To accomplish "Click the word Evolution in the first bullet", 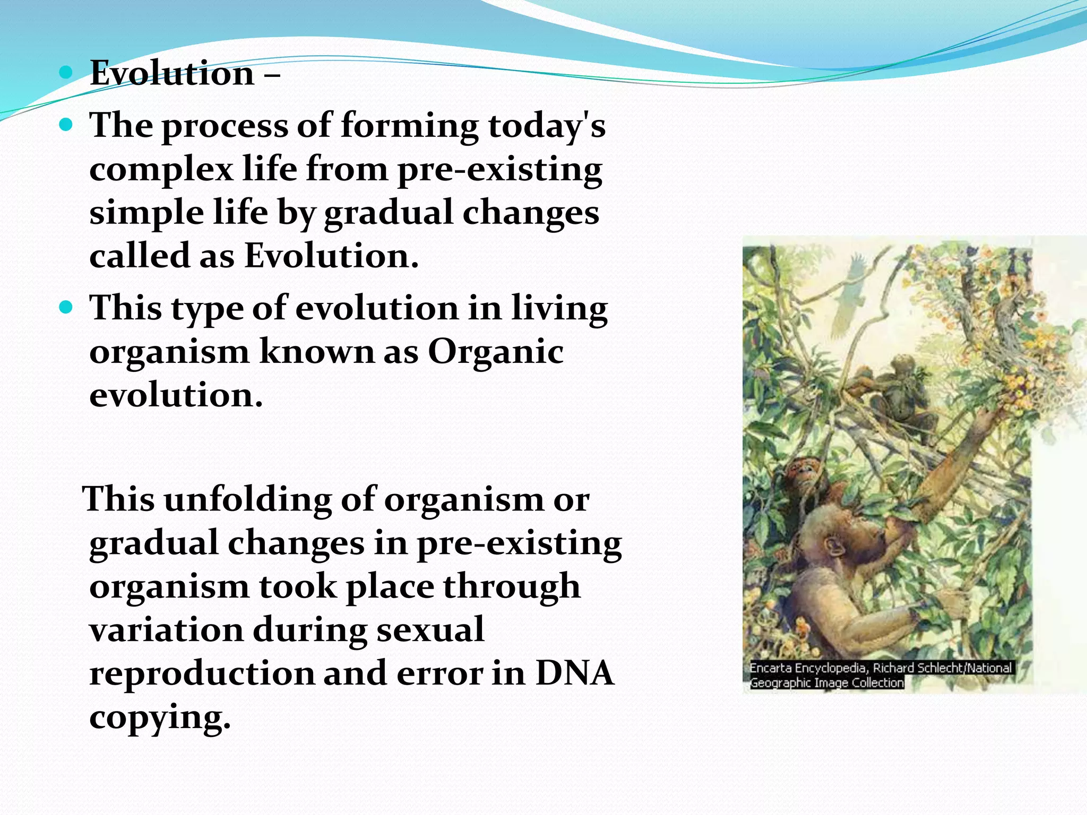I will tap(172, 73).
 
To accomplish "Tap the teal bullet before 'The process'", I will tap(66, 126).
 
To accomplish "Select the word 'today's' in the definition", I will tap(547, 126).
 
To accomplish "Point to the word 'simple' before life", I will tap(146, 213).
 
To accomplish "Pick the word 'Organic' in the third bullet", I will tap(496, 352).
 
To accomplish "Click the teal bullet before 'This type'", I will tap(66, 308).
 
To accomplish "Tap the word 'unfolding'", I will tap(247, 500).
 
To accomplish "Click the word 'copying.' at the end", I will tap(160, 717).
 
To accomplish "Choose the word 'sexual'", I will tap(430, 630).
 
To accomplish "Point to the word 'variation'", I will tap(166, 630).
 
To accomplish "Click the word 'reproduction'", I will tap(202, 673).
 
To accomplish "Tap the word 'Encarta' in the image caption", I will tap(770, 668).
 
